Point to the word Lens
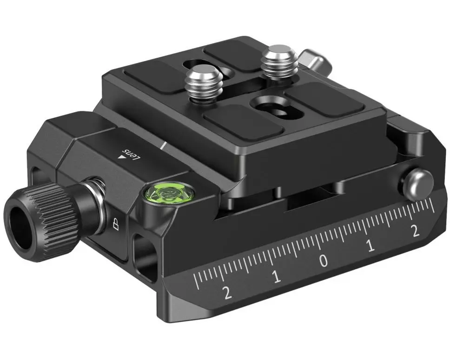[131, 152]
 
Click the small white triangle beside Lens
[122, 158]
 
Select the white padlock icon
[115, 225]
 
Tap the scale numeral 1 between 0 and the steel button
[371, 247]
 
